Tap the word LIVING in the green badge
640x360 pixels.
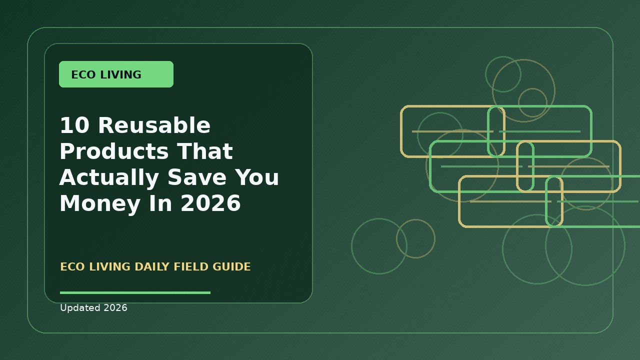120,74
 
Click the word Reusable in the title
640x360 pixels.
154,125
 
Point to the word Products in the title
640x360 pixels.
114,151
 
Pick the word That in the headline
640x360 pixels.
205,151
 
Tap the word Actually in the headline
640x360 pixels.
109,177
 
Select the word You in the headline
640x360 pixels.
257,177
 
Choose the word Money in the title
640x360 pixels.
99,203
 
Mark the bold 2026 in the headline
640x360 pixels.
210,203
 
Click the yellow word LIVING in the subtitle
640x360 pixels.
109,266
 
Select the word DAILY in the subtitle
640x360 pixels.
152,266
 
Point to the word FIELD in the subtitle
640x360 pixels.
191,266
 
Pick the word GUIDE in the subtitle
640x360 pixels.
231,266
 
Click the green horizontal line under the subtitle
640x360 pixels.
135,292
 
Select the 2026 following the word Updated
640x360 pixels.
115,307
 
